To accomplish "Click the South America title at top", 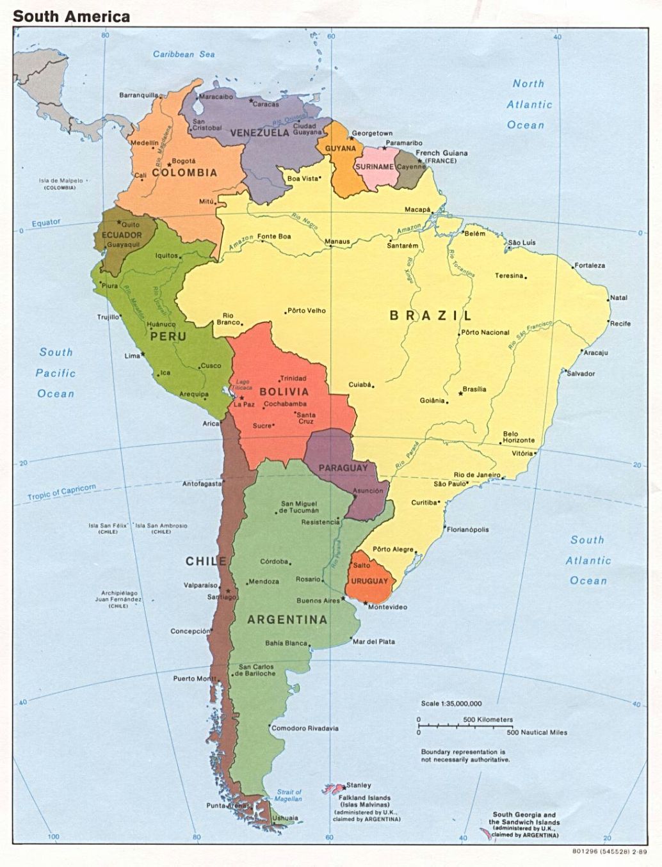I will tap(71, 16).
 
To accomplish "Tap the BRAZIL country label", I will tap(430, 315).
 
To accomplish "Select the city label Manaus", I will tap(337, 242).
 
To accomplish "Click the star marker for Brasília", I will tap(464, 390).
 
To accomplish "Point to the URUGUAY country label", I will tap(369, 581).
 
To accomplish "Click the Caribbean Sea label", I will tap(184, 54).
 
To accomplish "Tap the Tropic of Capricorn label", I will tap(61, 492).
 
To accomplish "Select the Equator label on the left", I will tap(46, 223).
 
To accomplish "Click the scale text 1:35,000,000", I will tap(451, 703).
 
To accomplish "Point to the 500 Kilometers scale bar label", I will tap(488, 719).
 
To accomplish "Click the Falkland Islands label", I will tap(364, 798).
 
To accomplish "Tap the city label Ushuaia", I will tap(285, 818).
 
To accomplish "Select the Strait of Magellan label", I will tap(289, 795).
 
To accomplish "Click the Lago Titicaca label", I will tap(243, 385).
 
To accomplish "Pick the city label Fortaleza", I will tap(590, 265).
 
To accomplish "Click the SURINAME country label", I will tap(375, 166).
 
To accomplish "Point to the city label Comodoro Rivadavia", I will tap(305, 728).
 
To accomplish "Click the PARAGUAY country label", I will tap(343, 468).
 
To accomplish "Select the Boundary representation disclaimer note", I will tap(465, 756).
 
